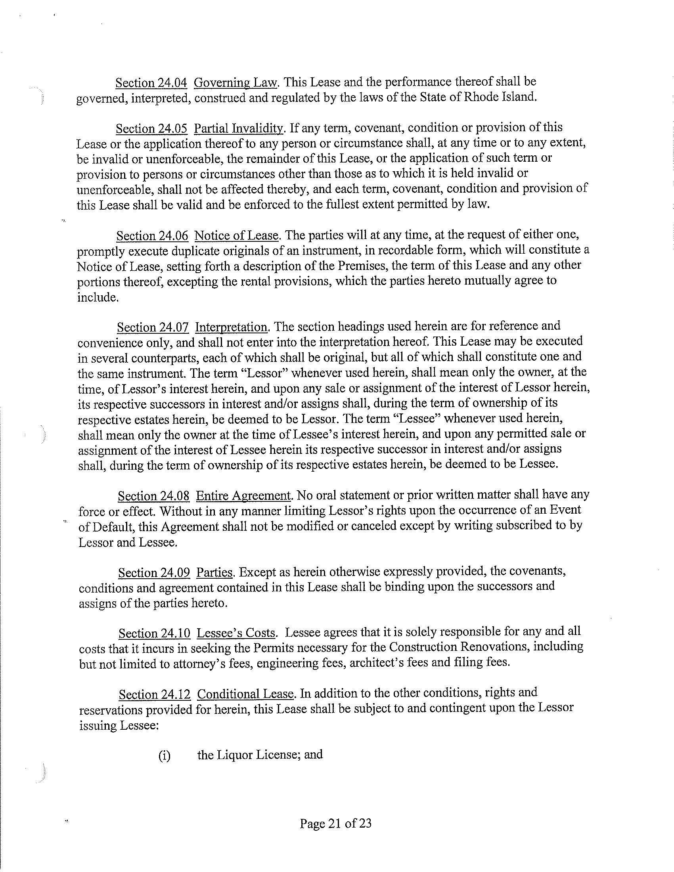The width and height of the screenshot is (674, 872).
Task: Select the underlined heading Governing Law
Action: pyautogui.click(x=235, y=83)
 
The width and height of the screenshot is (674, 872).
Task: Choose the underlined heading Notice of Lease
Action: pyautogui.click(x=236, y=235)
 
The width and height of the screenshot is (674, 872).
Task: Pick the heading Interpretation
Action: pyautogui.click(x=232, y=327)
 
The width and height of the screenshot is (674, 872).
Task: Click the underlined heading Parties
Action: pyautogui.click(x=214, y=573)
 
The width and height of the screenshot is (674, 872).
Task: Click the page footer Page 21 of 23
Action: pyautogui.click(x=336, y=823)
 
